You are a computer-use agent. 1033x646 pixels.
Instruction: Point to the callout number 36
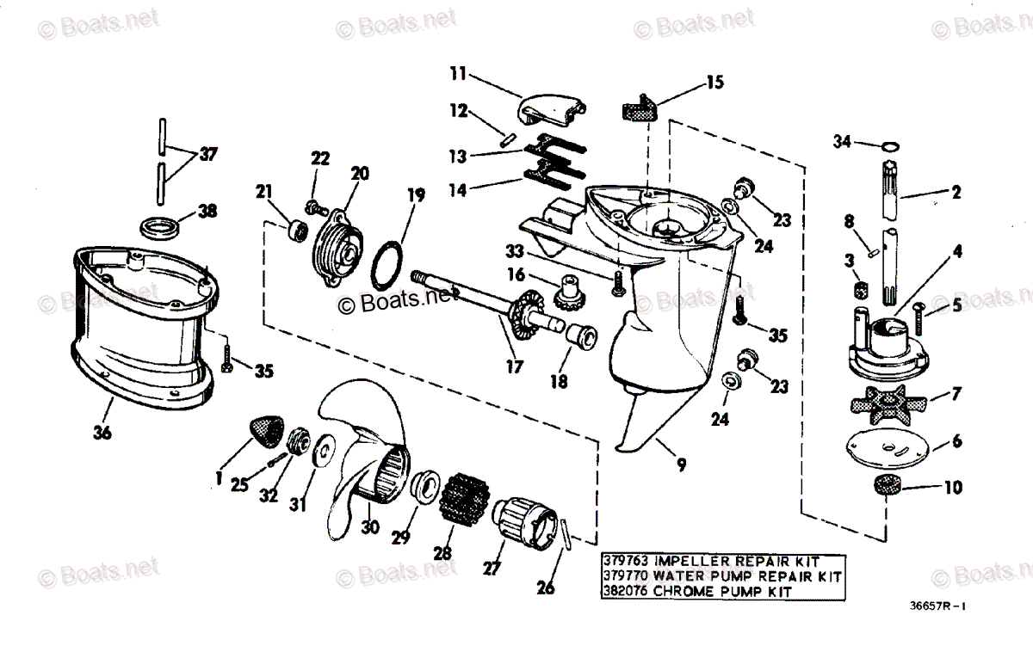102,434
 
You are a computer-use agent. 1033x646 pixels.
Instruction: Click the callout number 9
681,466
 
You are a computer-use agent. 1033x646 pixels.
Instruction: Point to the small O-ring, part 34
892,144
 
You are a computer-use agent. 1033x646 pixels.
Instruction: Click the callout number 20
359,173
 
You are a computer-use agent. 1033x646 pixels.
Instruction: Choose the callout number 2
956,192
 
